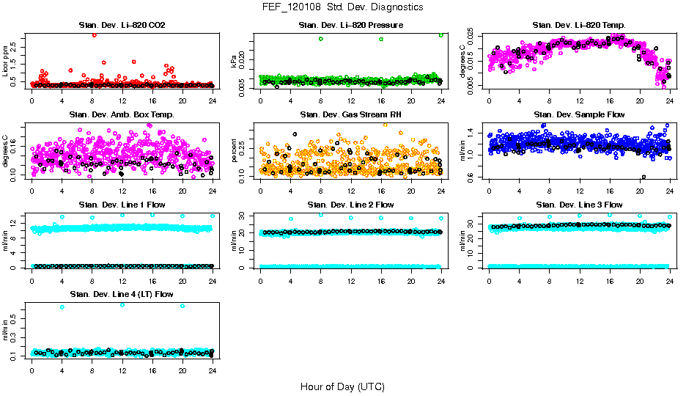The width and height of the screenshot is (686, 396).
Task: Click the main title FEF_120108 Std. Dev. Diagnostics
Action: click(342, 7)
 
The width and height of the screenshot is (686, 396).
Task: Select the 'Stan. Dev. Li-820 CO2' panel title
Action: click(122, 26)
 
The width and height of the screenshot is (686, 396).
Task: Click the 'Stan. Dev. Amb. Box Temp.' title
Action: click(122, 114)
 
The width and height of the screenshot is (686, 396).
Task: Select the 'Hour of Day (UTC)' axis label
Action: click(342, 386)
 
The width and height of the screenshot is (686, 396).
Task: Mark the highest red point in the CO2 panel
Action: click(94, 34)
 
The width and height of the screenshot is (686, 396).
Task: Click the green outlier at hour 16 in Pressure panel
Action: click(381, 39)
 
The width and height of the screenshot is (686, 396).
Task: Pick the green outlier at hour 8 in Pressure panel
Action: click(321, 39)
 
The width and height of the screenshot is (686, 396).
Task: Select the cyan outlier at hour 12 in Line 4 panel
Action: click(122, 304)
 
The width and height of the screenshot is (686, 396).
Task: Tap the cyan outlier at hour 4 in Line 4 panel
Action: click(62, 307)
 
